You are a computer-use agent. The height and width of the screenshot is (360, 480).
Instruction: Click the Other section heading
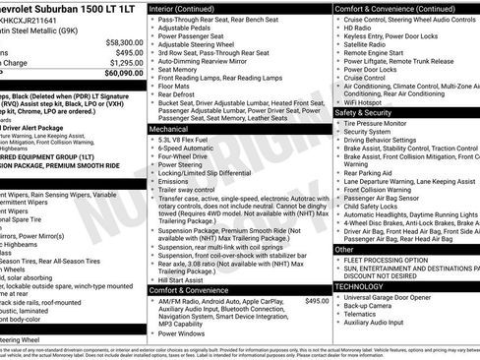pyautogui.click(x=345, y=250)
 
